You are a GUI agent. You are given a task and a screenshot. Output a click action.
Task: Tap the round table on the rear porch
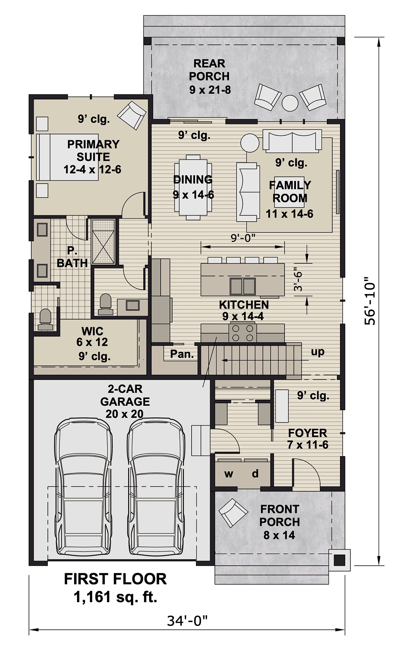(x=290, y=103)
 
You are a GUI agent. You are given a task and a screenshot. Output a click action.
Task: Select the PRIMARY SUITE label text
(x=93, y=151)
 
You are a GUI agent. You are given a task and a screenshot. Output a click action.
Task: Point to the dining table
(x=193, y=187)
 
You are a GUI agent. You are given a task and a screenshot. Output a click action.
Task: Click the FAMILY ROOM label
(x=290, y=191)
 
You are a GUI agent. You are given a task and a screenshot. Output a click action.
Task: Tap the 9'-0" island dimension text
(x=243, y=238)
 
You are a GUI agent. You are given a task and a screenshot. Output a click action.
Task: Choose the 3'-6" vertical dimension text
(x=298, y=279)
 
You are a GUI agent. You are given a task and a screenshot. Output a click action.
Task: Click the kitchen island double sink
(x=242, y=286)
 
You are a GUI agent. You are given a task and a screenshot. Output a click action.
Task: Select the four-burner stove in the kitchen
(x=242, y=333)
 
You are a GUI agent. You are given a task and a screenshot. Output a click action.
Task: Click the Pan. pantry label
(x=182, y=354)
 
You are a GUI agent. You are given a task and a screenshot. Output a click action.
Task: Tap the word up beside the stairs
(x=317, y=352)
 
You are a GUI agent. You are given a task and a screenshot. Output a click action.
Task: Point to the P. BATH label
(x=72, y=257)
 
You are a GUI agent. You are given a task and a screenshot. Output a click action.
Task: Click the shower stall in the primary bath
(x=103, y=242)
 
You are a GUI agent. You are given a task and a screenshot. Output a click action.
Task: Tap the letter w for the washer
(x=229, y=474)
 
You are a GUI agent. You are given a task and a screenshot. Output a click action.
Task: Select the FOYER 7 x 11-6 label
(x=308, y=438)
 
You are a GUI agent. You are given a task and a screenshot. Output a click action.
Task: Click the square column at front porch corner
(x=339, y=560)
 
